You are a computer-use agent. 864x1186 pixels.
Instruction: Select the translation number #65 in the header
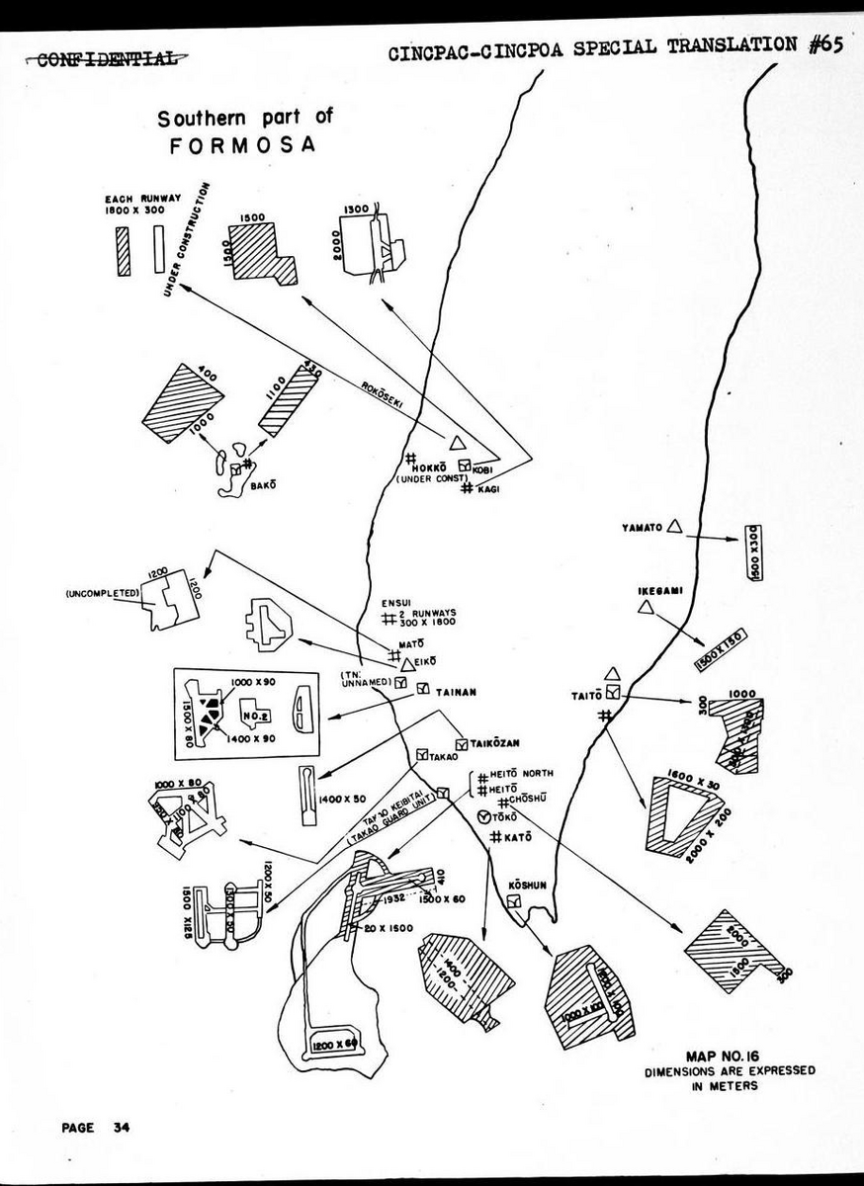826,46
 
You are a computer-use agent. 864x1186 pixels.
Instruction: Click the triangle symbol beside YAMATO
675,527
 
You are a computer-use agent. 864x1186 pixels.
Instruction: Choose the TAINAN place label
456,692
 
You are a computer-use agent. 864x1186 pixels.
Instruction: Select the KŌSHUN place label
527,885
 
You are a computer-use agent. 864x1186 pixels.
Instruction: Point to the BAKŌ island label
261,485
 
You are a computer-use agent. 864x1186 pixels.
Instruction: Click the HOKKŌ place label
436,466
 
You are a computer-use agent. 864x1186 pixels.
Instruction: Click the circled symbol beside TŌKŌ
483,816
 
